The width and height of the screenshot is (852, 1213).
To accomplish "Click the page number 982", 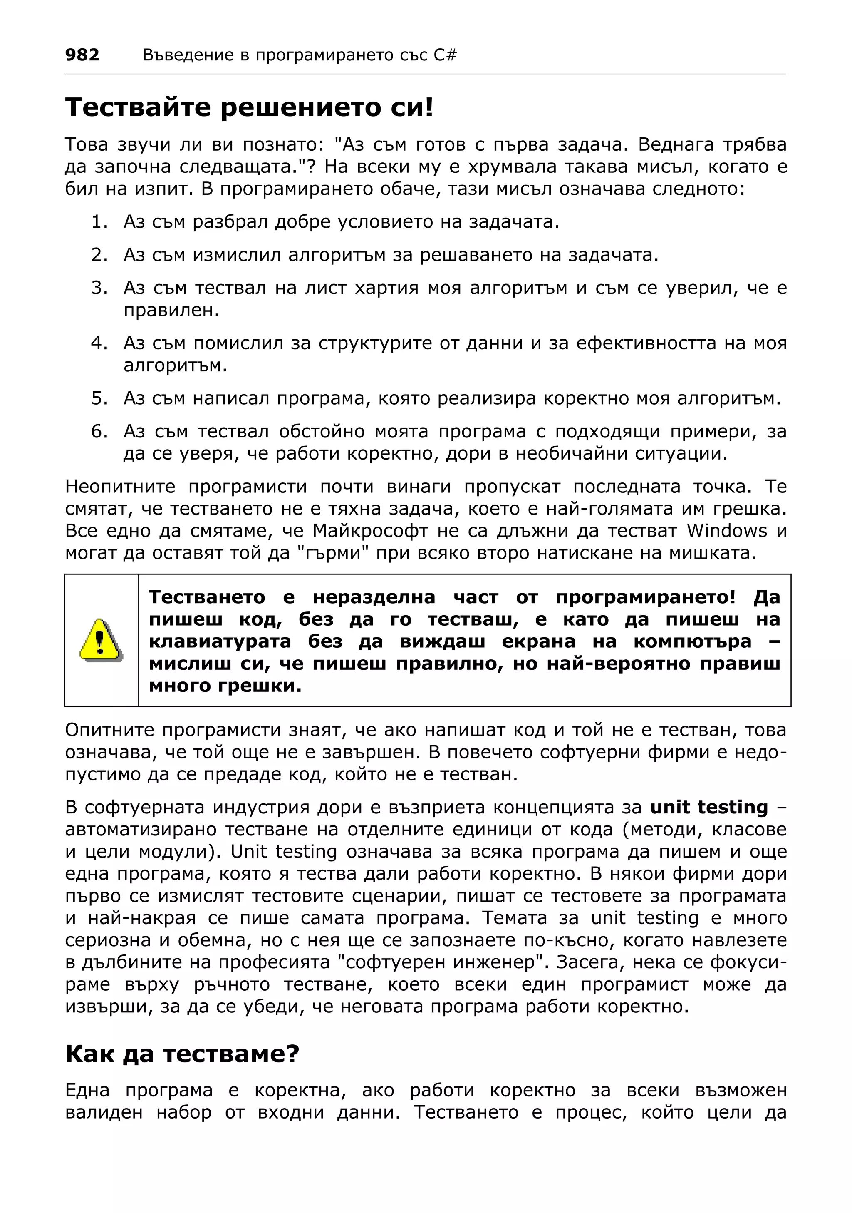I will (82, 55).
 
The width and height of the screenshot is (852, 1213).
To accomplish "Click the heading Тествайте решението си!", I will (249, 108).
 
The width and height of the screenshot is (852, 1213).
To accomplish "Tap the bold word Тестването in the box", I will (206, 597).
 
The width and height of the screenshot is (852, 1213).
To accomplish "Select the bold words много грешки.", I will (225, 685).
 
